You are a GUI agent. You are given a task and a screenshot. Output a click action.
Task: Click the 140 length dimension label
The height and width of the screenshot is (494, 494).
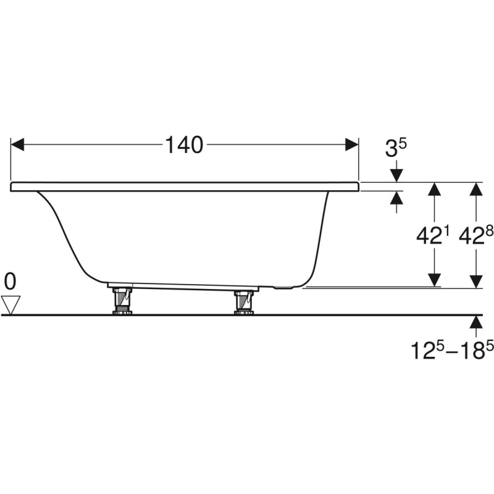[184, 145]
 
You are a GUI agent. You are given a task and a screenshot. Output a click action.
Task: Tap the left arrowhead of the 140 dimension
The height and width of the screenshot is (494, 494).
[17, 144]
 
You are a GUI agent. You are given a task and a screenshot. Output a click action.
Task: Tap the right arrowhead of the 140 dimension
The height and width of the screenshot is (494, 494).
[352, 144]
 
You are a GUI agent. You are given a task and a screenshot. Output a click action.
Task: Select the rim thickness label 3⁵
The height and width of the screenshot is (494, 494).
[396, 148]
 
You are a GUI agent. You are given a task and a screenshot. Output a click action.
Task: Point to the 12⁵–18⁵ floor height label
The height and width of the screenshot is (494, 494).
[452, 350]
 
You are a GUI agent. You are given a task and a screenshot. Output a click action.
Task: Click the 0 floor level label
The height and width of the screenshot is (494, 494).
[10, 282]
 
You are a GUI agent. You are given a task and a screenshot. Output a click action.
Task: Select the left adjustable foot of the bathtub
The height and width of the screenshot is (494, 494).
[122, 301]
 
